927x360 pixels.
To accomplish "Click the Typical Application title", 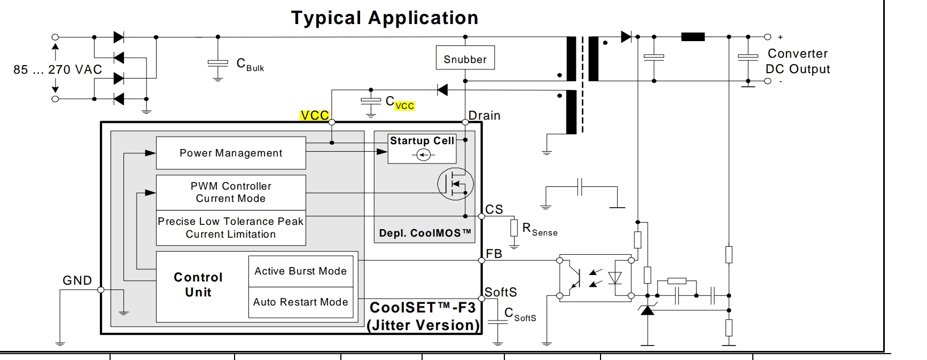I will click(x=384, y=18).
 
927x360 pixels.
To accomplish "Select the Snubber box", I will click(x=465, y=59).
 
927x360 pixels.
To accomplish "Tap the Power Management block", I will click(x=231, y=153).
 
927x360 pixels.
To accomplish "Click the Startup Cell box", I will click(x=422, y=148).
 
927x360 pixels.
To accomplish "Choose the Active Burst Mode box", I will click(x=300, y=271).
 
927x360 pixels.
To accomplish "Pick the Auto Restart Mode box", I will click(x=300, y=302).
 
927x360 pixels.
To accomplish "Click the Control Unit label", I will click(x=198, y=285).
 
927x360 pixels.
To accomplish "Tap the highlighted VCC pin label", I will click(x=315, y=116).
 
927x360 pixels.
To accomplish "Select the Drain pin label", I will click(x=485, y=115).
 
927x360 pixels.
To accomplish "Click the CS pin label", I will click(x=494, y=209).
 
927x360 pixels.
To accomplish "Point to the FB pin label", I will click(x=494, y=254).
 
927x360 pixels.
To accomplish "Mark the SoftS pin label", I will click(x=501, y=292).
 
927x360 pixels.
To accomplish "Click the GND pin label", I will click(x=77, y=280).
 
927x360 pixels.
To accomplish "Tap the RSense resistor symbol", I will click(x=514, y=228).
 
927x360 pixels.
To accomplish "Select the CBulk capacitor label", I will click(x=250, y=65).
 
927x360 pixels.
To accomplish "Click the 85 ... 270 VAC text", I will click(x=58, y=69).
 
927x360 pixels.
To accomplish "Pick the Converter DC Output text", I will click(x=798, y=61).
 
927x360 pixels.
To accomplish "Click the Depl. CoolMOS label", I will click(x=425, y=233).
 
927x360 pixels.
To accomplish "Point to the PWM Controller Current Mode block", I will click(x=231, y=192).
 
